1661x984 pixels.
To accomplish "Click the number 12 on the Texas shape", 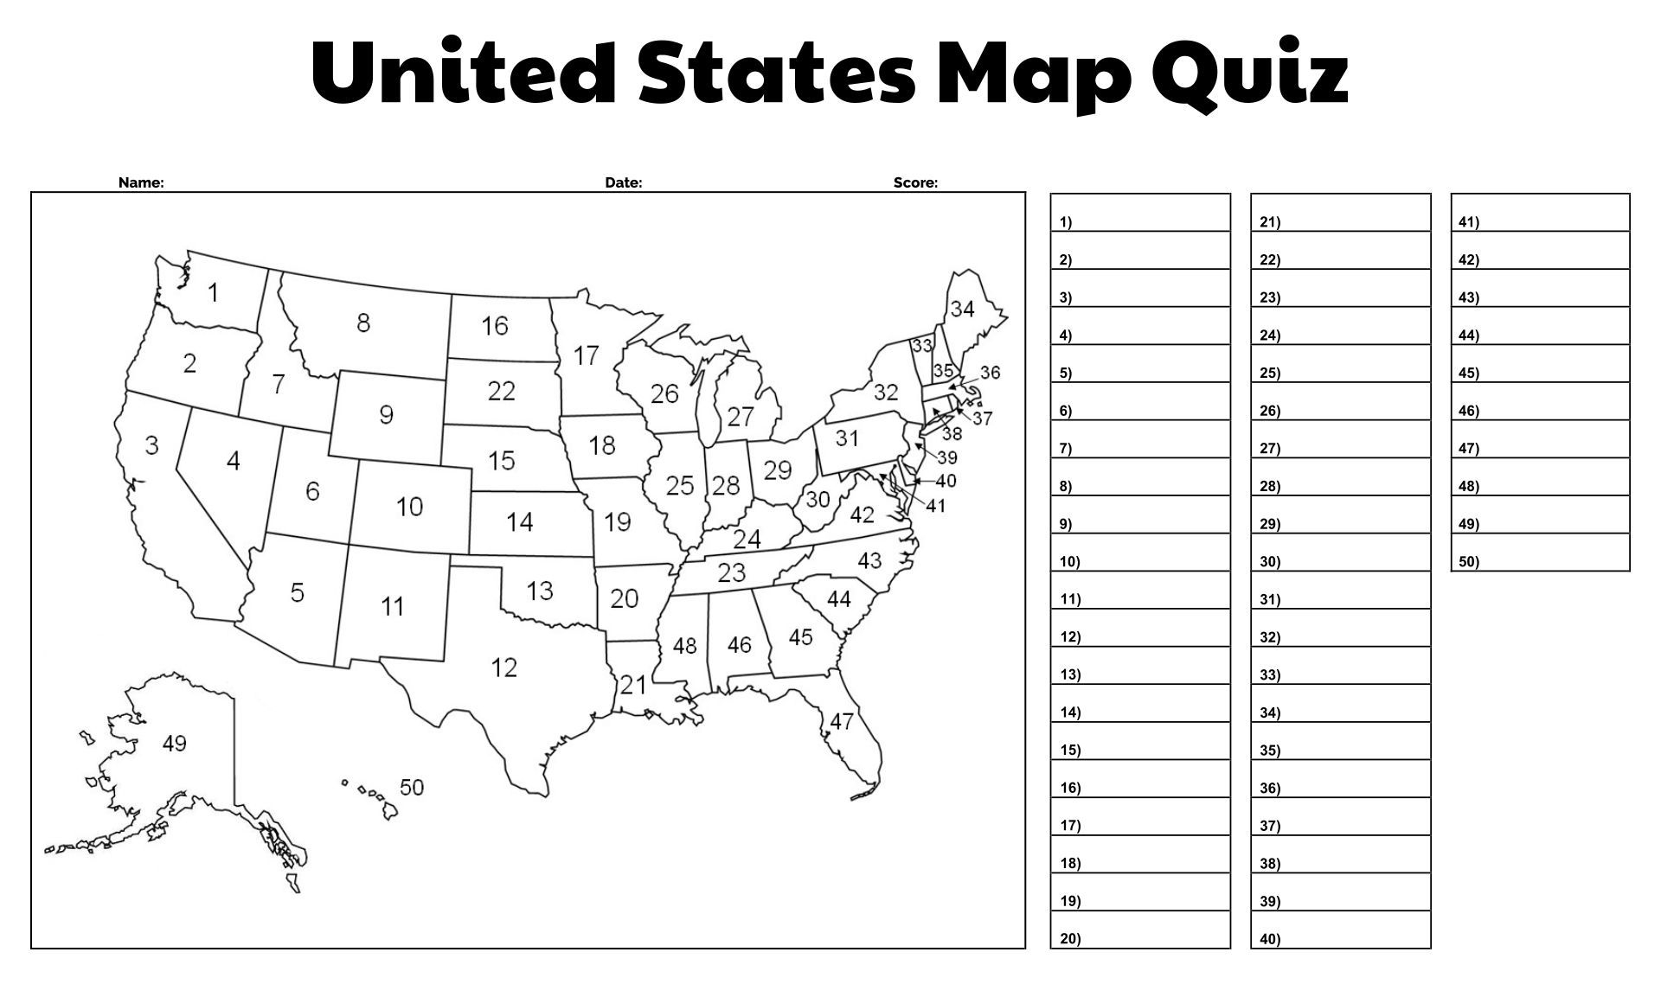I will (x=503, y=668).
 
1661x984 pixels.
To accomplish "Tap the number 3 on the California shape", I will (x=151, y=445).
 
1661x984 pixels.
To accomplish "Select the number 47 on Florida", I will (x=841, y=721).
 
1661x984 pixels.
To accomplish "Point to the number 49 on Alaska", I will (x=174, y=744).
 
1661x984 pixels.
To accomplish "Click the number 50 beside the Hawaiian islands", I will (x=411, y=787).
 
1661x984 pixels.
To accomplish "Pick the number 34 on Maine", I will (x=962, y=309).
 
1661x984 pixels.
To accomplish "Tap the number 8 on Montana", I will (x=363, y=323).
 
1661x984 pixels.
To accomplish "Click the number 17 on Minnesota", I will (x=586, y=355).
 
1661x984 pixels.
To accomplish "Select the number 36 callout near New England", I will (x=990, y=372).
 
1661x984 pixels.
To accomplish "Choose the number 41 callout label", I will (x=935, y=506).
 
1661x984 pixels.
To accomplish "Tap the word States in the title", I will (x=776, y=73).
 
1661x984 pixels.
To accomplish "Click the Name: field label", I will (x=141, y=182).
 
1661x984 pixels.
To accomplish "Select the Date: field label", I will (x=623, y=182).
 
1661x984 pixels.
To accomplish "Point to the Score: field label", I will (x=915, y=182).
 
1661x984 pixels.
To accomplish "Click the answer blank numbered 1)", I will (x=1140, y=213).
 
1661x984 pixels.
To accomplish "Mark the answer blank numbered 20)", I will (x=1140, y=930).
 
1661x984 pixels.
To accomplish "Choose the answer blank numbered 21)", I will (x=1341, y=213).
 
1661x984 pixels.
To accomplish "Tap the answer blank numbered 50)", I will (x=1540, y=553).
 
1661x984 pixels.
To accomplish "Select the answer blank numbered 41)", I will (x=1540, y=213).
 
